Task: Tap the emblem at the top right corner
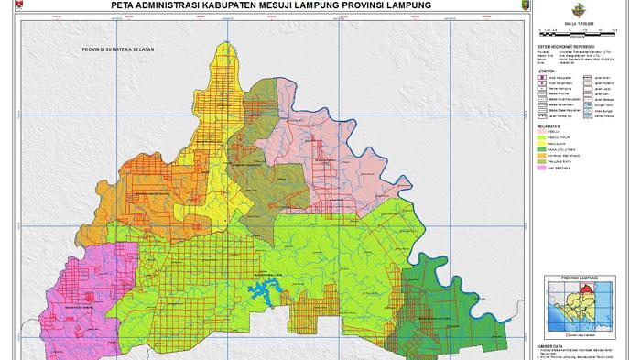coord(625,8)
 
